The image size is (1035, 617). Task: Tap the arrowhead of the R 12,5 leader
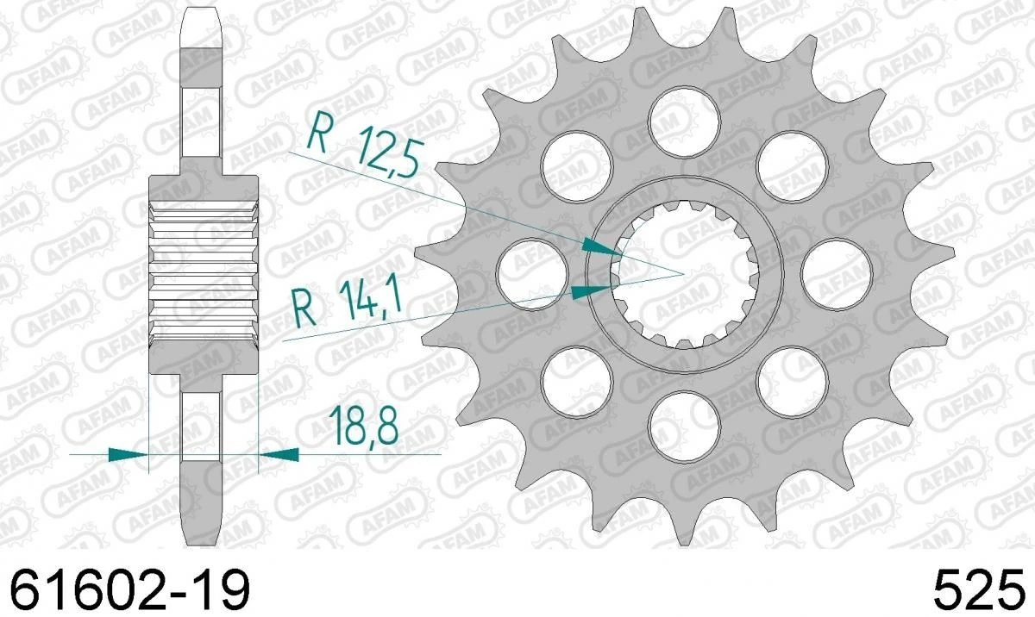coord(604,248)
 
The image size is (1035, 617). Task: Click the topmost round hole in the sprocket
coord(685,117)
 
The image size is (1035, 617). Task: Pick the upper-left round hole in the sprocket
coord(575,162)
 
